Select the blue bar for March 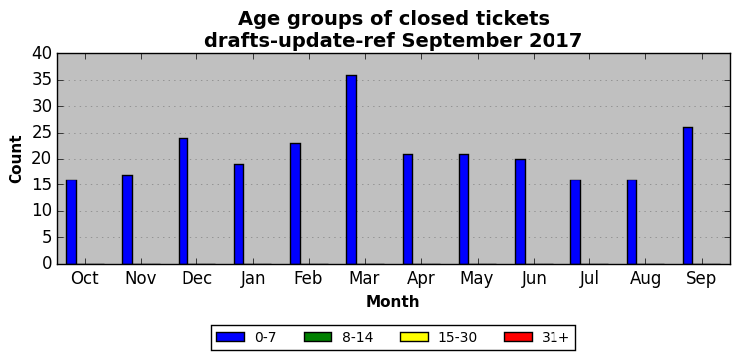pos(351,170)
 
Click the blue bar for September pos(687,195)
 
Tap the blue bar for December pos(184,201)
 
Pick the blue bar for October pos(71,222)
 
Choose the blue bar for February pos(295,203)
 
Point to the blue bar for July pos(575,222)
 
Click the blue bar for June pos(520,211)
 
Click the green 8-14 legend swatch pos(318,337)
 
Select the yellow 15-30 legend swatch pos(414,337)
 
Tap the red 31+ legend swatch pos(518,337)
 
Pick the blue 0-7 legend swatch pos(230,337)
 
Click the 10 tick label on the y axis pos(42,212)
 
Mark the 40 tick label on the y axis pos(42,54)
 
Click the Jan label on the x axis pos(253,279)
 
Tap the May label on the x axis pos(477,279)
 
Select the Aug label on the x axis pos(645,279)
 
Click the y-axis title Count pos(16,160)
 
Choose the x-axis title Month pos(393,301)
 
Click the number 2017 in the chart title pos(556,41)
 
